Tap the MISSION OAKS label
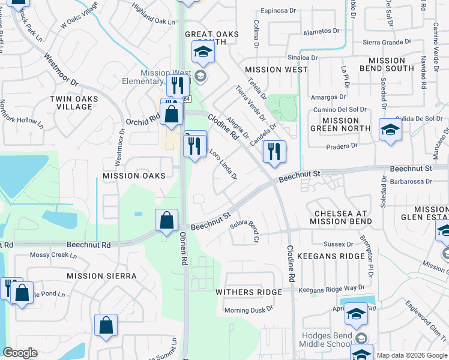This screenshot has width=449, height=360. (134, 176)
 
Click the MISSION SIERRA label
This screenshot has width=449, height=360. (101, 276)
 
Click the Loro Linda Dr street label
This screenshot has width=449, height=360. (223, 165)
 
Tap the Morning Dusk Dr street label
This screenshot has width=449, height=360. (249, 310)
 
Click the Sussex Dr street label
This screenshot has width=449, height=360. (339, 244)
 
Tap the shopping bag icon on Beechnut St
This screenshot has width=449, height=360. (166, 220)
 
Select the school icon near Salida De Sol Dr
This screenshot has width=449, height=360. (390, 128)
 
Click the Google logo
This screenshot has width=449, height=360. (20, 353)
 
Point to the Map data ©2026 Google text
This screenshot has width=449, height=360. (412, 355)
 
